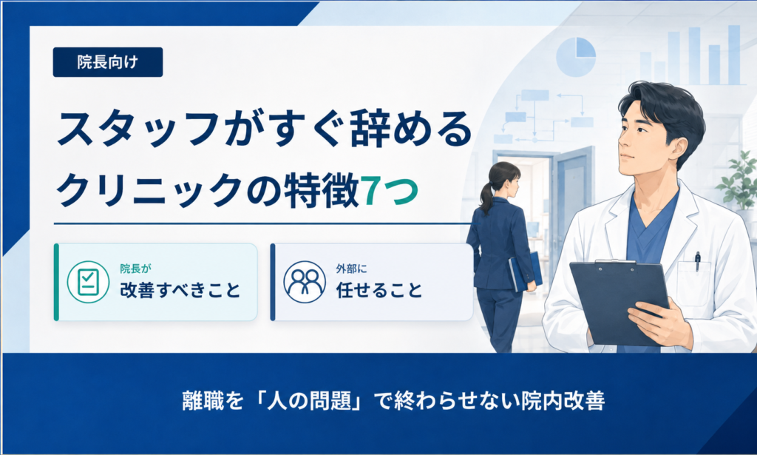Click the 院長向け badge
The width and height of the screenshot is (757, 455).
click(x=108, y=62)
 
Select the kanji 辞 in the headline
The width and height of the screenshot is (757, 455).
click(x=370, y=129)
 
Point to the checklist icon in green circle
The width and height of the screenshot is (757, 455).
click(x=88, y=282)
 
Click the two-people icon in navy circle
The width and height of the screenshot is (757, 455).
click(x=305, y=282)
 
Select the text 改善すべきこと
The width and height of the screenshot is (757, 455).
click(x=180, y=290)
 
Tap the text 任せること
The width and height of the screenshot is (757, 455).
click(x=379, y=290)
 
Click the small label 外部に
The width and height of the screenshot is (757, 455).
click(x=351, y=269)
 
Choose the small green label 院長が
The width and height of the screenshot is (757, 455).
click(x=136, y=269)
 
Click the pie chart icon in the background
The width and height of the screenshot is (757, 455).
click(x=575, y=57)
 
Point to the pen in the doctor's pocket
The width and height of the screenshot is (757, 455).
click(x=697, y=261)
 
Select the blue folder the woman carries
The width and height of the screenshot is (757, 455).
click(x=526, y=272)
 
